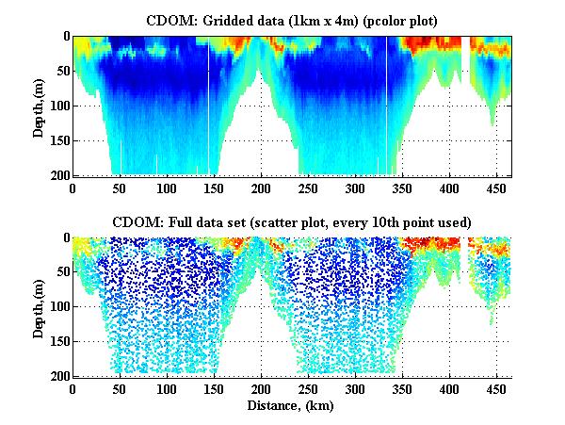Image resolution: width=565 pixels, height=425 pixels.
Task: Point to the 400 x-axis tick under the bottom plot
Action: click(x=386, y=388)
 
